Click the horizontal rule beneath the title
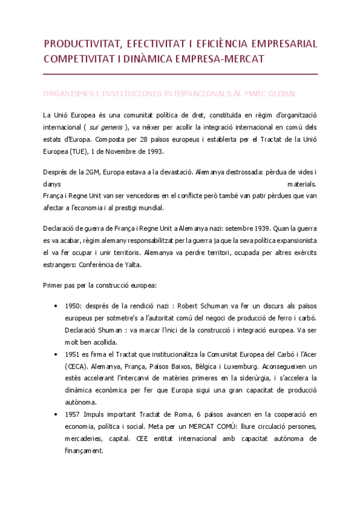pos(180,73)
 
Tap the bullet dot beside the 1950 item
pos(56,306)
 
